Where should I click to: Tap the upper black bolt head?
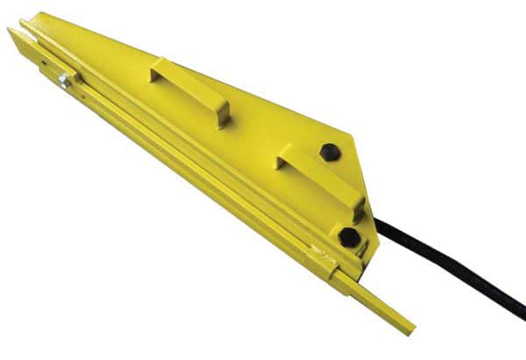coord(329,152)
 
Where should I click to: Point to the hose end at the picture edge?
coord(521,310)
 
